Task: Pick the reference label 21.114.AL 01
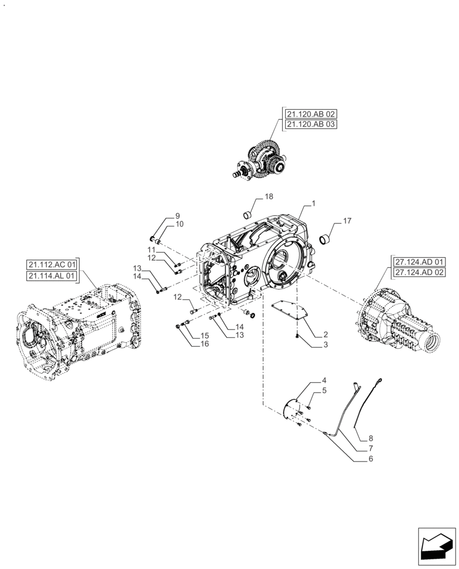pyautogui.click(x=51, y=276)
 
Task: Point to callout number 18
pyautogui.click(x=268, y=196)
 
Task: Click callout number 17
pyautogui.click(x=347, y=220)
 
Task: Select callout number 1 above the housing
pyautogui.click(x=314, y=203)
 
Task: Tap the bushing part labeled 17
pyautogui.click(x=326, y=238)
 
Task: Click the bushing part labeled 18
pyautogui.click(x=248, y=215)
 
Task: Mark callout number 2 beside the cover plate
pyautogui.click(x=326, y=334)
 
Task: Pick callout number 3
pyautogui.click(x=326, y=345)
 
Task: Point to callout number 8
pyautogui.click(x=371, y=438)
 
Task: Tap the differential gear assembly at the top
pyautogui.click(x=262, y=161)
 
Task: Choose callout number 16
pyautogui.click(x=204, y=345)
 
